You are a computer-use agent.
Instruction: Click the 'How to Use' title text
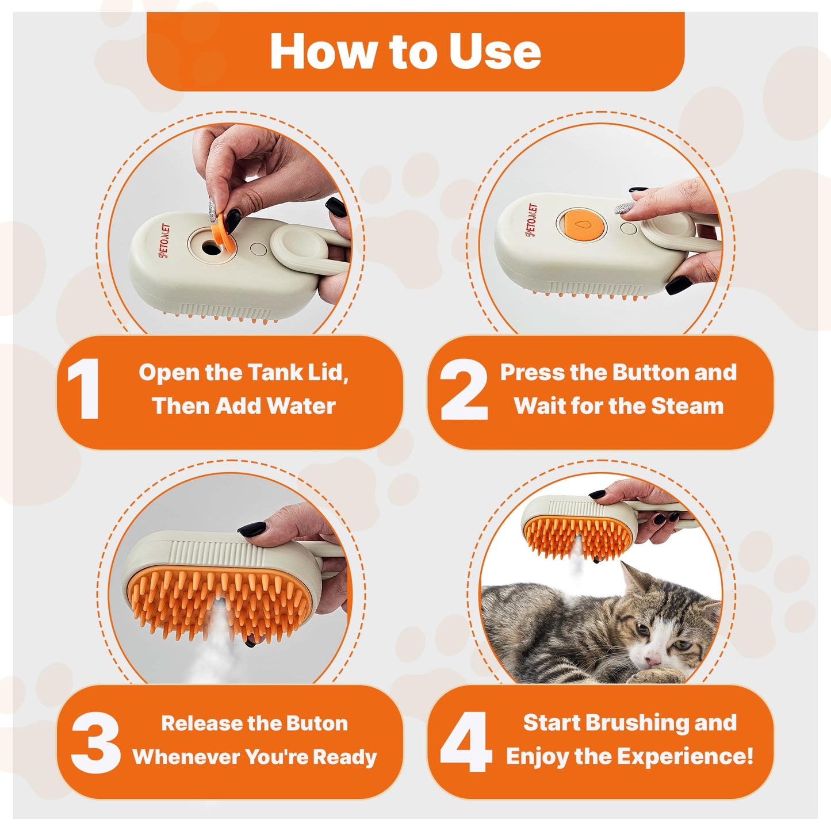pyautogui.click(x=405, y=52)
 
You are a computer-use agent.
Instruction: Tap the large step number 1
pyautogui.click(x=85, y=389)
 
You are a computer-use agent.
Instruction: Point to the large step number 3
pyautogui.click(x=95, y=742)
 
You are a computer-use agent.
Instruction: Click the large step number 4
pyautogui.click(x=466, y=742)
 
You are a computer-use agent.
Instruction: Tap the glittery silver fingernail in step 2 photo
pyautogui.click(x=624, y=207)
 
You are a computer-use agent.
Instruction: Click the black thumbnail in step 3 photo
pyautogui.click(x=251, y=528)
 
